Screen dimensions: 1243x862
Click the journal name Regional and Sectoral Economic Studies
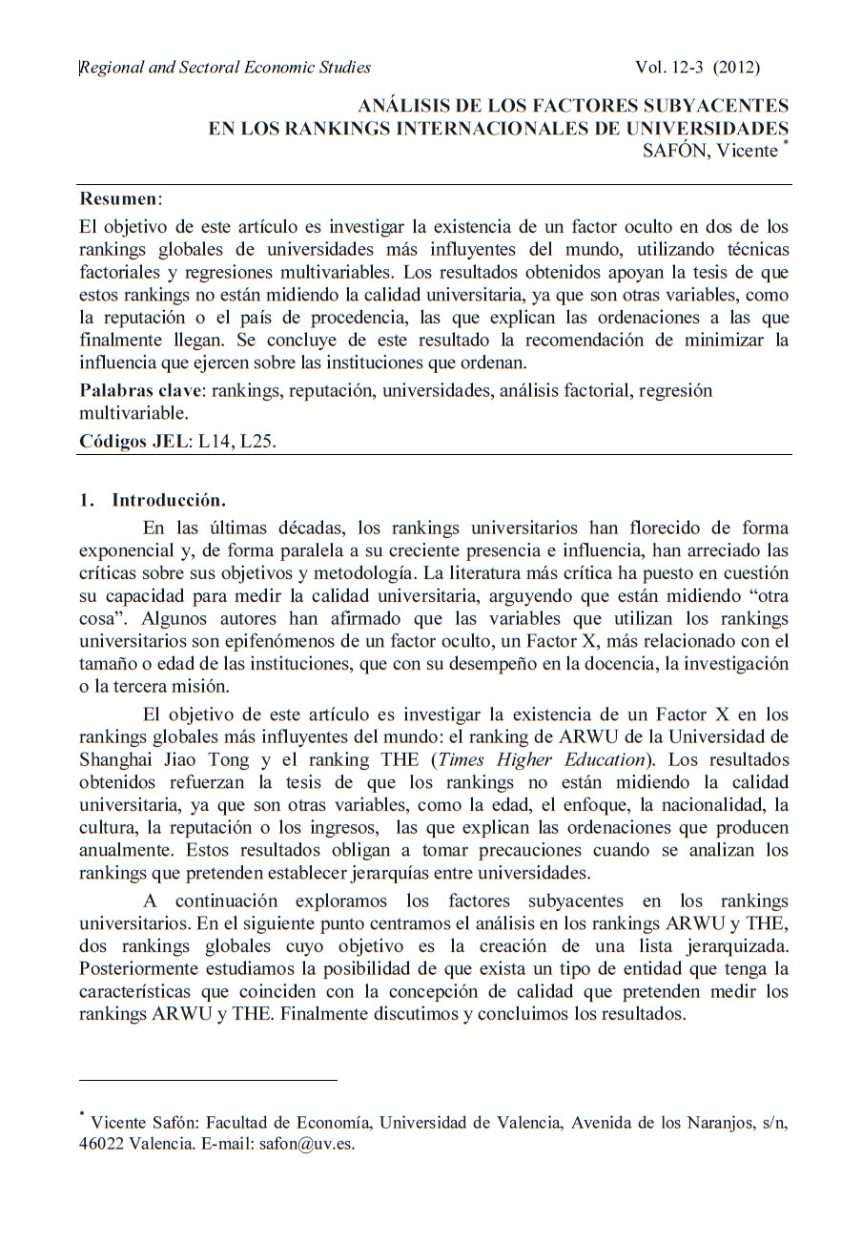225,67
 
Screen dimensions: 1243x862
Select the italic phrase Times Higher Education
542,759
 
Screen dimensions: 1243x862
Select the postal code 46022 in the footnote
101,1144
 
